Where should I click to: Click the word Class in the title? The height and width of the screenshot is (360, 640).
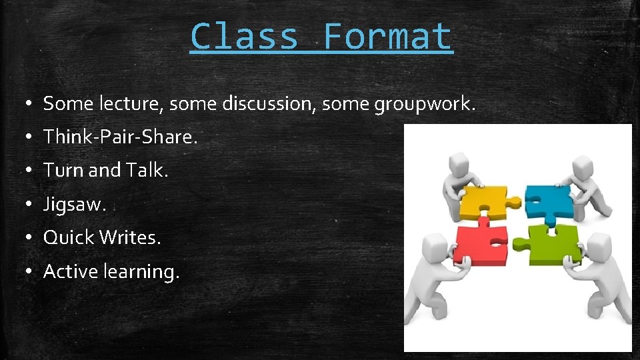(x=244, y=37)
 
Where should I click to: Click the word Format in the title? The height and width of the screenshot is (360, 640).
(x=387, y=37)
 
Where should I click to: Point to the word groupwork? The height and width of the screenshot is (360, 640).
(x=424, y=104)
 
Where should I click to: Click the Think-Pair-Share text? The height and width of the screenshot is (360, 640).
(x=121, y=137)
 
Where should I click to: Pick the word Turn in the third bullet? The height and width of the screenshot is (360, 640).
(x=63, y=171)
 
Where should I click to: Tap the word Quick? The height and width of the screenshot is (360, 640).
(x=69, y=238)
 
